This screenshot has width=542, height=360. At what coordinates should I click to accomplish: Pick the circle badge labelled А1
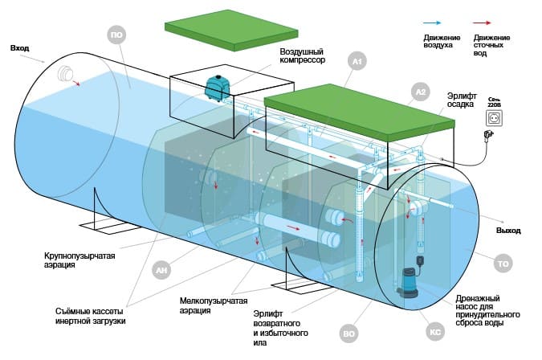(358, 60)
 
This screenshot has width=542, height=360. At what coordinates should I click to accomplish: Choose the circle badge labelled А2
(420, 91)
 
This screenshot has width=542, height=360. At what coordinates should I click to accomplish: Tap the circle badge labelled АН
(162, 271)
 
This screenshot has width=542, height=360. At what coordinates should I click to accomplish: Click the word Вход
(20, 49)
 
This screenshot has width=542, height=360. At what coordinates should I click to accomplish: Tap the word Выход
(508, 231)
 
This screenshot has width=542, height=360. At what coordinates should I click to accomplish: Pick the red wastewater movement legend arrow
(486, 25)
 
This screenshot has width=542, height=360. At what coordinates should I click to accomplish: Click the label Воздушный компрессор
(302, 55)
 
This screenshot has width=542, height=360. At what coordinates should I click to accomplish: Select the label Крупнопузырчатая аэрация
(80, 260)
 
